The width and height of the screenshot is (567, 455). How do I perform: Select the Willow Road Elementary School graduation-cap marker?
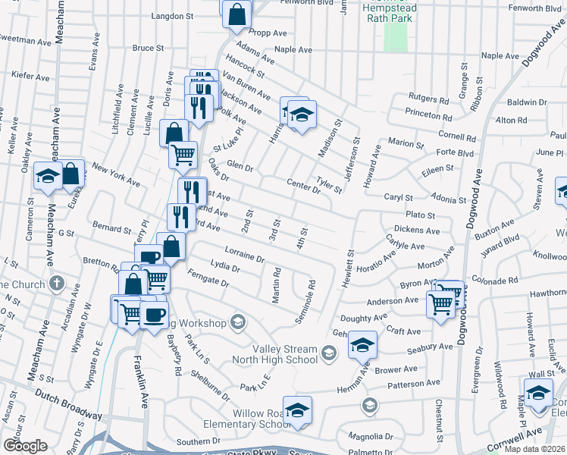[x=297, y=409]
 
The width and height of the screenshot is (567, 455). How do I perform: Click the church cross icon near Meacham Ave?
[x=56, y=284]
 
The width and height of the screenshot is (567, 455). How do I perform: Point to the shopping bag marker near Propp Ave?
[x=237, y=13]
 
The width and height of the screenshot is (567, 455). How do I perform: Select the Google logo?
[x=25, y=446]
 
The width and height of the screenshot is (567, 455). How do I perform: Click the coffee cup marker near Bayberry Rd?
[x=154, y=315]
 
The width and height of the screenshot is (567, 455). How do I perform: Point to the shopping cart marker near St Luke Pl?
[x=183, y=155]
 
